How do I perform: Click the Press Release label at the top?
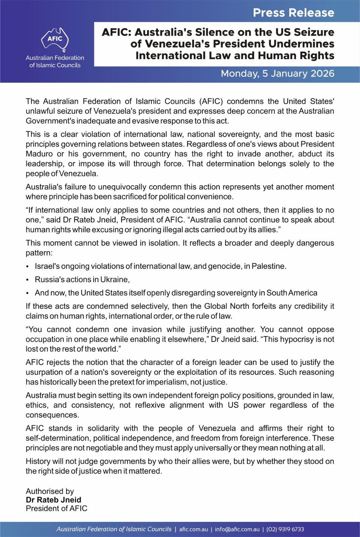point(293,13)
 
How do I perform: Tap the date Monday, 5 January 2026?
point(277,74)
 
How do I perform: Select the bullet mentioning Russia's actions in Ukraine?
point(82,279)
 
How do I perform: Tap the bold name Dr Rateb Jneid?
point(53,500)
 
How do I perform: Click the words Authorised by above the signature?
point(50,491)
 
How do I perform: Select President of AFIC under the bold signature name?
point(56,508)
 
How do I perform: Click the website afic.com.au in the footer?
point(193,529)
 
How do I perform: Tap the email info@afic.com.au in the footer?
point(237,529)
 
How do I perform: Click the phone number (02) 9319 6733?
point(285,529)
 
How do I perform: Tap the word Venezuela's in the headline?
point(177,44)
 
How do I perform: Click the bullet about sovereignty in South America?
point(176,293)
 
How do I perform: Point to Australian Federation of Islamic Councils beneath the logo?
point(55,61)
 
